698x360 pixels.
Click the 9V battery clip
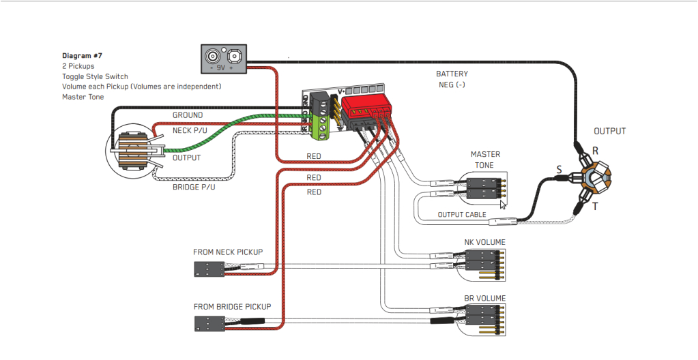[x=223, y=59]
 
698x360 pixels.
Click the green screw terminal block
[x=319, y=126]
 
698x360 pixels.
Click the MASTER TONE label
[x=485, y=160]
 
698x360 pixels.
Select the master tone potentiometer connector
[x=485, y=187]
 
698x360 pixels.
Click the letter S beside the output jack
[x=559, y=168]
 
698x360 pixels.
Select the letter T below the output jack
[x=594, y=206]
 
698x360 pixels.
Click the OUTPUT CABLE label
[x=462, y=215]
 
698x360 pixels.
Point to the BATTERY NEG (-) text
[x=452, y=79]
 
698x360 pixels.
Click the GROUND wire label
[x=187, y=115]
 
